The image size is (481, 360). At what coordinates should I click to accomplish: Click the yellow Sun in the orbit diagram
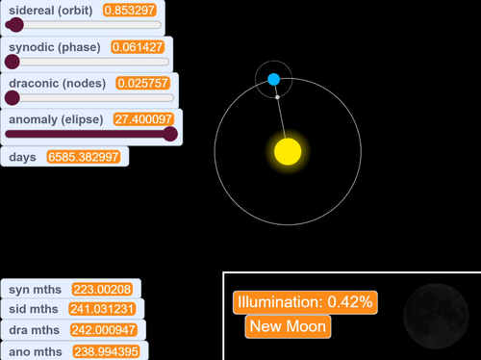click(x=288, y=151)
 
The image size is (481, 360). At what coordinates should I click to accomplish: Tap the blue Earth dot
click(x=273, y=79)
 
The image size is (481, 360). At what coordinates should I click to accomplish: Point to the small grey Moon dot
click(x=278, y=97)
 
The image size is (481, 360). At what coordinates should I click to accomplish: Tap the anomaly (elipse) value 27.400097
click(x=144, y=119)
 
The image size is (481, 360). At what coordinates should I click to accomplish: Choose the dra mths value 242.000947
click(x=103, y=329)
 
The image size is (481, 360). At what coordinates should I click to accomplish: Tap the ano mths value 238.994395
click(x=103, y=351)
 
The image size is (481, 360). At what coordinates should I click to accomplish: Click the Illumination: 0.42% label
click(x=305, y=301)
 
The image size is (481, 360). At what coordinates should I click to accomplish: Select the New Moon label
click(x=289, y=326)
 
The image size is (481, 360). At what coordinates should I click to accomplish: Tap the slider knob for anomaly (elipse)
click(x=170, y=134)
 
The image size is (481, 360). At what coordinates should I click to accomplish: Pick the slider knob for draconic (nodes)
click(x=12, y=97)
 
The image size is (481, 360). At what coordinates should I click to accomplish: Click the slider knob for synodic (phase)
click(x=12, y=62)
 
